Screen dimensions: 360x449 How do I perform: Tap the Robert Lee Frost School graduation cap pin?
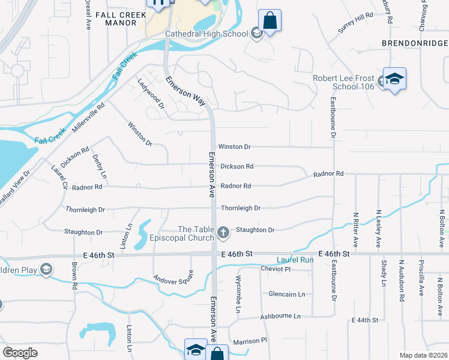click(395, 80)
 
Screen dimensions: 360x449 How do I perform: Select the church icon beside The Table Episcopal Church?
click(223, 232)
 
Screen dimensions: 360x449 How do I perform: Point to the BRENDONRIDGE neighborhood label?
click(414, 44)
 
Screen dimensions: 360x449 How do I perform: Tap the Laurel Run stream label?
click(295, 260)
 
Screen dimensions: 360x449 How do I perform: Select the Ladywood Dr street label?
click(151, 94)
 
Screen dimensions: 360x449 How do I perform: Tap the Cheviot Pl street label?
click(276, 269)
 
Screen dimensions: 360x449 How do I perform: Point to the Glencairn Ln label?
click(287, 294)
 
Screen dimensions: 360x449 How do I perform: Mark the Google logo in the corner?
click(20, 353)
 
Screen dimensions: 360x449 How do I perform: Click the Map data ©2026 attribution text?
click(423, 355)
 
